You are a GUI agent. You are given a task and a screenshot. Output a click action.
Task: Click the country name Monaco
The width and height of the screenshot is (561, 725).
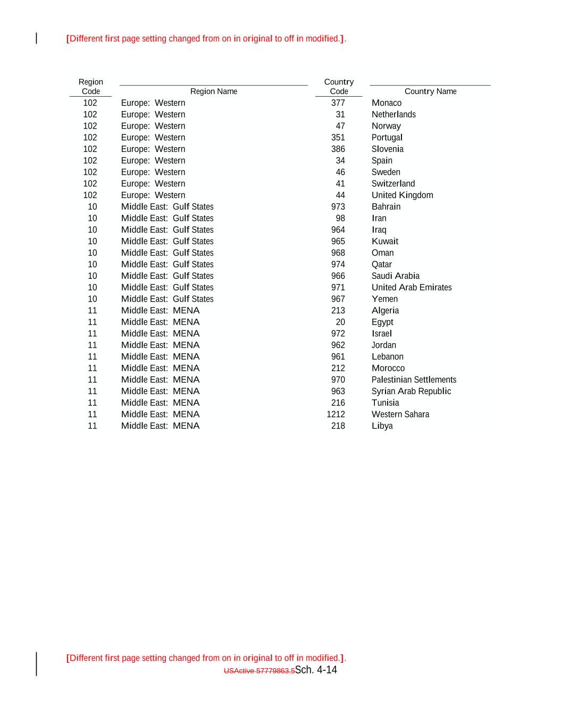(x=386, y=103)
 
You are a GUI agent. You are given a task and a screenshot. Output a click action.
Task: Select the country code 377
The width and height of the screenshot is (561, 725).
(x=338, y=103)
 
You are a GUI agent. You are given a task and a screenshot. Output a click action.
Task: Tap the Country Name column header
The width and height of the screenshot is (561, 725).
(x=430, y=91)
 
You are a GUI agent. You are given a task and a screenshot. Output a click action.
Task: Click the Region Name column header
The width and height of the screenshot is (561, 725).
(x=214, y=91)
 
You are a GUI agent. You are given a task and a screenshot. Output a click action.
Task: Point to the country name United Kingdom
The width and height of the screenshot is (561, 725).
(x=402, y=195)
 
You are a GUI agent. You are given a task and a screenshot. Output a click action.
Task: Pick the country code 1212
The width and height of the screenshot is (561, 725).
(x=336, y=414)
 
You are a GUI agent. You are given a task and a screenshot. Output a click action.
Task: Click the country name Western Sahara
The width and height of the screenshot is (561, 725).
(x=400, y=414)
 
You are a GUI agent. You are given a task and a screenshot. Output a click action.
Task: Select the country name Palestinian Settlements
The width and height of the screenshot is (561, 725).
(x=414, y=380)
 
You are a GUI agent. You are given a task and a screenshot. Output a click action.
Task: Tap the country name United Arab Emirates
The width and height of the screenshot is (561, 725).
(x=412, y=287)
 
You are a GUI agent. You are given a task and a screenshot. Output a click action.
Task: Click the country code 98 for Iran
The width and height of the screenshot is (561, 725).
(x=340, y=218)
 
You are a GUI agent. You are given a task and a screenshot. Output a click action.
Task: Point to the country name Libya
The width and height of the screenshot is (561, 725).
(x=382, y=426)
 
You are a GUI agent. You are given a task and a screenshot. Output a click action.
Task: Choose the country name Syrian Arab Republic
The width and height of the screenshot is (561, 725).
(x=411, y=391)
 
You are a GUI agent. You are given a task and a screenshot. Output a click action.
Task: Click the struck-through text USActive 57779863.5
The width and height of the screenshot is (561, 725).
(x=259, y=671)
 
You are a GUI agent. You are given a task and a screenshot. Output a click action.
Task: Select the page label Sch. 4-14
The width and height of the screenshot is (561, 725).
(x=316, y=670)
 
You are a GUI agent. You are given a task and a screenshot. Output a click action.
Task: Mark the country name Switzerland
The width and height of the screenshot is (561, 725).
(x=393, y=184)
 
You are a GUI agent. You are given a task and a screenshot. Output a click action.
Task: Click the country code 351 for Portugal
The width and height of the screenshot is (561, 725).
(x=338, y=138)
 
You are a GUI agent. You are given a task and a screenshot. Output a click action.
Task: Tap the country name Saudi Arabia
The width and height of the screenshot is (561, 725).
(x=395, y=276)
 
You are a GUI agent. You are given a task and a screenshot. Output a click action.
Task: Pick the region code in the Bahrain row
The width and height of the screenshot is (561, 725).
(x=93, y=207)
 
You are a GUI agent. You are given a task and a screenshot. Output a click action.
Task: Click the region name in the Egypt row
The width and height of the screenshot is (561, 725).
(x=160, y=322)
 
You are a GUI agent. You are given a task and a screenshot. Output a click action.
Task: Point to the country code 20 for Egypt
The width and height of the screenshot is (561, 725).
(x=340, y=322)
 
